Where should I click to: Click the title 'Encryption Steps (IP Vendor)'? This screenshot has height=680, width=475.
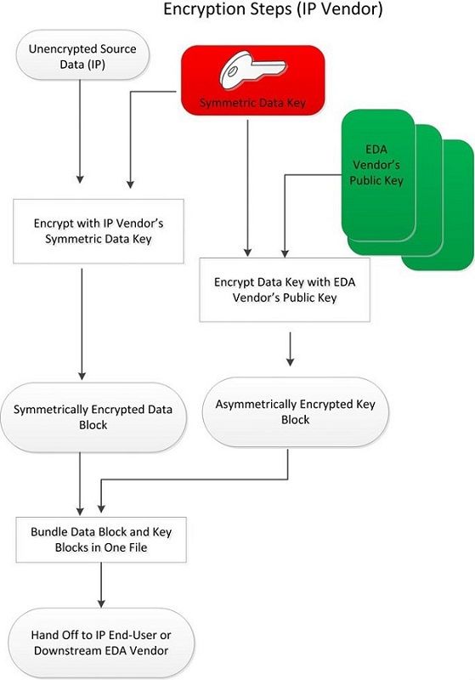click(273, 8)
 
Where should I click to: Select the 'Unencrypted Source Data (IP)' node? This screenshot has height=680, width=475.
click(82, 55)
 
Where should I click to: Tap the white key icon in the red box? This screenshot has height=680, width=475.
click(252, 71)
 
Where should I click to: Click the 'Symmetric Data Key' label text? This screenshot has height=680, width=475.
click(252, 103)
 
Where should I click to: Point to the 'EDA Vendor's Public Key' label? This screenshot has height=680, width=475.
click(376, 165)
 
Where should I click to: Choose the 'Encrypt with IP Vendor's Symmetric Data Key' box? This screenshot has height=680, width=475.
click(99, 231)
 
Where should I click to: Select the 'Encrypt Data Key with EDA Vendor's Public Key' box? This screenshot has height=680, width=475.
click(285, 290)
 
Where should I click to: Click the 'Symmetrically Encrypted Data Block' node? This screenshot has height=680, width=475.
click(93, 417)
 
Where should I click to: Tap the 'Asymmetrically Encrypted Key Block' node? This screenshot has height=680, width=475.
click(295, 412)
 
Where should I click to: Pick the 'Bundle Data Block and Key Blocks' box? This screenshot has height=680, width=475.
click(101, 540)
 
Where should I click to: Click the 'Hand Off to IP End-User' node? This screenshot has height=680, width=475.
click(101, 643)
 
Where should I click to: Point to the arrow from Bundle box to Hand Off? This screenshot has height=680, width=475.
click(101, 585)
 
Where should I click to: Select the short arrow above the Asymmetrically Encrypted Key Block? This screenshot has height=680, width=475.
click(291, 349)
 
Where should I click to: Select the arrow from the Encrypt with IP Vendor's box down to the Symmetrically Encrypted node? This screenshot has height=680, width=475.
click(82, 324)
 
